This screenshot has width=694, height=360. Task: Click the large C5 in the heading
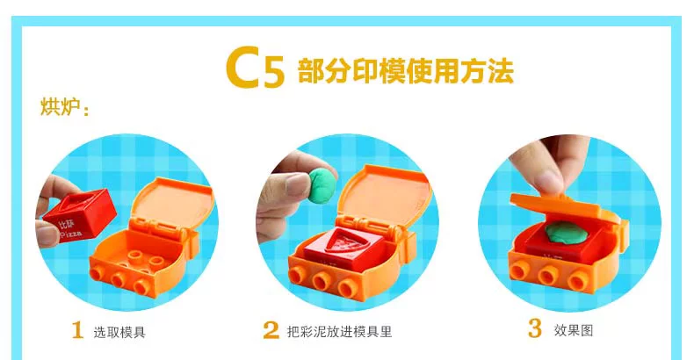click(x=255, y=68)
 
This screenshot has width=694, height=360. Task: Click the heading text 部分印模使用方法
click(x=406, y=71)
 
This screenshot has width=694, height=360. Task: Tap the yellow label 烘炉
click(x=61, y=107)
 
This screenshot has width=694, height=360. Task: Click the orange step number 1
click(x=77, y=330)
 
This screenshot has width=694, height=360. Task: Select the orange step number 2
click(x=271, y=330)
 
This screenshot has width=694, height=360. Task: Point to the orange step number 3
click(x=535, y=328)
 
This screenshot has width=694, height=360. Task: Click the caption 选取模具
click(x=119, y=332)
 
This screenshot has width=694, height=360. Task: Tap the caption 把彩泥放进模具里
click(x=339, y=332)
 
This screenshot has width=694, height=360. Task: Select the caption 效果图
click(x=573, y=330)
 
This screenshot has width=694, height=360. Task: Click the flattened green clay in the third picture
click(x=566, y=232)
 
